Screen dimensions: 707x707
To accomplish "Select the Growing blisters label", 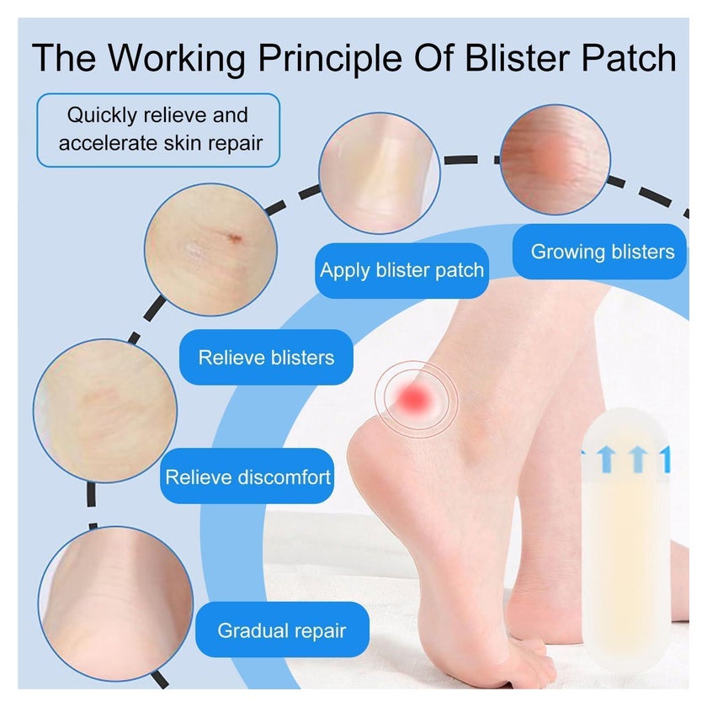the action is click(x=599, y=252).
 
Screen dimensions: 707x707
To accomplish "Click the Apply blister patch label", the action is click(x=401, y=270).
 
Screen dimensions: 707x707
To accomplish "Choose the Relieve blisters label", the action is click(x=266, y=357).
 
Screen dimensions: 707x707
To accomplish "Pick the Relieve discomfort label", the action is click(x=247, y=476).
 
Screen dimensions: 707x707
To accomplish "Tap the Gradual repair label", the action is click(x=282, y=630).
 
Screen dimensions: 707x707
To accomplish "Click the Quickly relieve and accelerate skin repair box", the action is click(x=158, y=130).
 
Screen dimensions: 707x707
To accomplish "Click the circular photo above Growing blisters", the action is click(x=555, y=159).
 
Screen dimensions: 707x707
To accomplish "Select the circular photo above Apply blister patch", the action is click(x=380, y=173).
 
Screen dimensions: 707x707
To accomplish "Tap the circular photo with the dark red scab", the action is click(x=210, y=249).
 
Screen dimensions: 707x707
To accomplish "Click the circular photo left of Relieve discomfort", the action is click(x=105, y=411).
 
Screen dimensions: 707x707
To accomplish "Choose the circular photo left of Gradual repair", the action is click(x=116, y=603).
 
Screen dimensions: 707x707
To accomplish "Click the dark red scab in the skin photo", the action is click(x=235, y=238).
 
